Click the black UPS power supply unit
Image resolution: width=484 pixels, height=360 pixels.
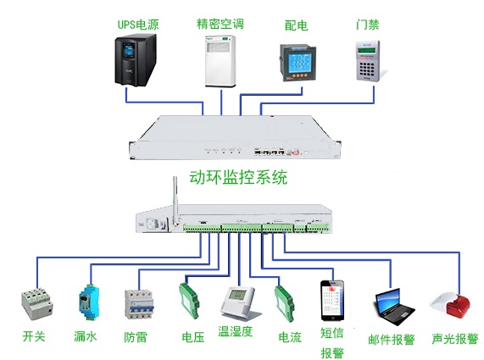(136, 60)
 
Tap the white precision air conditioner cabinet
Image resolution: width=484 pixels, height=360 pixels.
(220, 61)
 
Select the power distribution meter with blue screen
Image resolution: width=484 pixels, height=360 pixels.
(298, 63)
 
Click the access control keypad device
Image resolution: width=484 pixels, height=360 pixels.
(368, 61)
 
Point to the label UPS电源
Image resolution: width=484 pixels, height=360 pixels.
(138, 25)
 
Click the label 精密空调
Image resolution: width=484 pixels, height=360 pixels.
(220, 24)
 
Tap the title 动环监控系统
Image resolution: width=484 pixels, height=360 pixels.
(238, 177)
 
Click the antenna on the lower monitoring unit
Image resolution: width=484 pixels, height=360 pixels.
(175, 201)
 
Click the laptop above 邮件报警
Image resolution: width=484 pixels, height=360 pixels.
(394, 307)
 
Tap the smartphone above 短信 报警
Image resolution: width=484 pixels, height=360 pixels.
(332, 301)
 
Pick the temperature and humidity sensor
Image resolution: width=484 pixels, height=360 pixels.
(240, 303)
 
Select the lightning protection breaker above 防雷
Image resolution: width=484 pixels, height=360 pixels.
(139, 305)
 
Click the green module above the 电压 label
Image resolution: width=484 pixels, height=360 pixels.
(189, 300)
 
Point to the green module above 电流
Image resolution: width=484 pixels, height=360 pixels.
(285, 303)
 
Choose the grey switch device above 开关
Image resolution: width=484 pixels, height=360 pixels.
(37, 304)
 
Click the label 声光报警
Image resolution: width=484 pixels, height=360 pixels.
(454, 339)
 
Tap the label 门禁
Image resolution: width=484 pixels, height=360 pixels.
(368, 25)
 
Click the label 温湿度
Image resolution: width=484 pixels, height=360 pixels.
(235, 331)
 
